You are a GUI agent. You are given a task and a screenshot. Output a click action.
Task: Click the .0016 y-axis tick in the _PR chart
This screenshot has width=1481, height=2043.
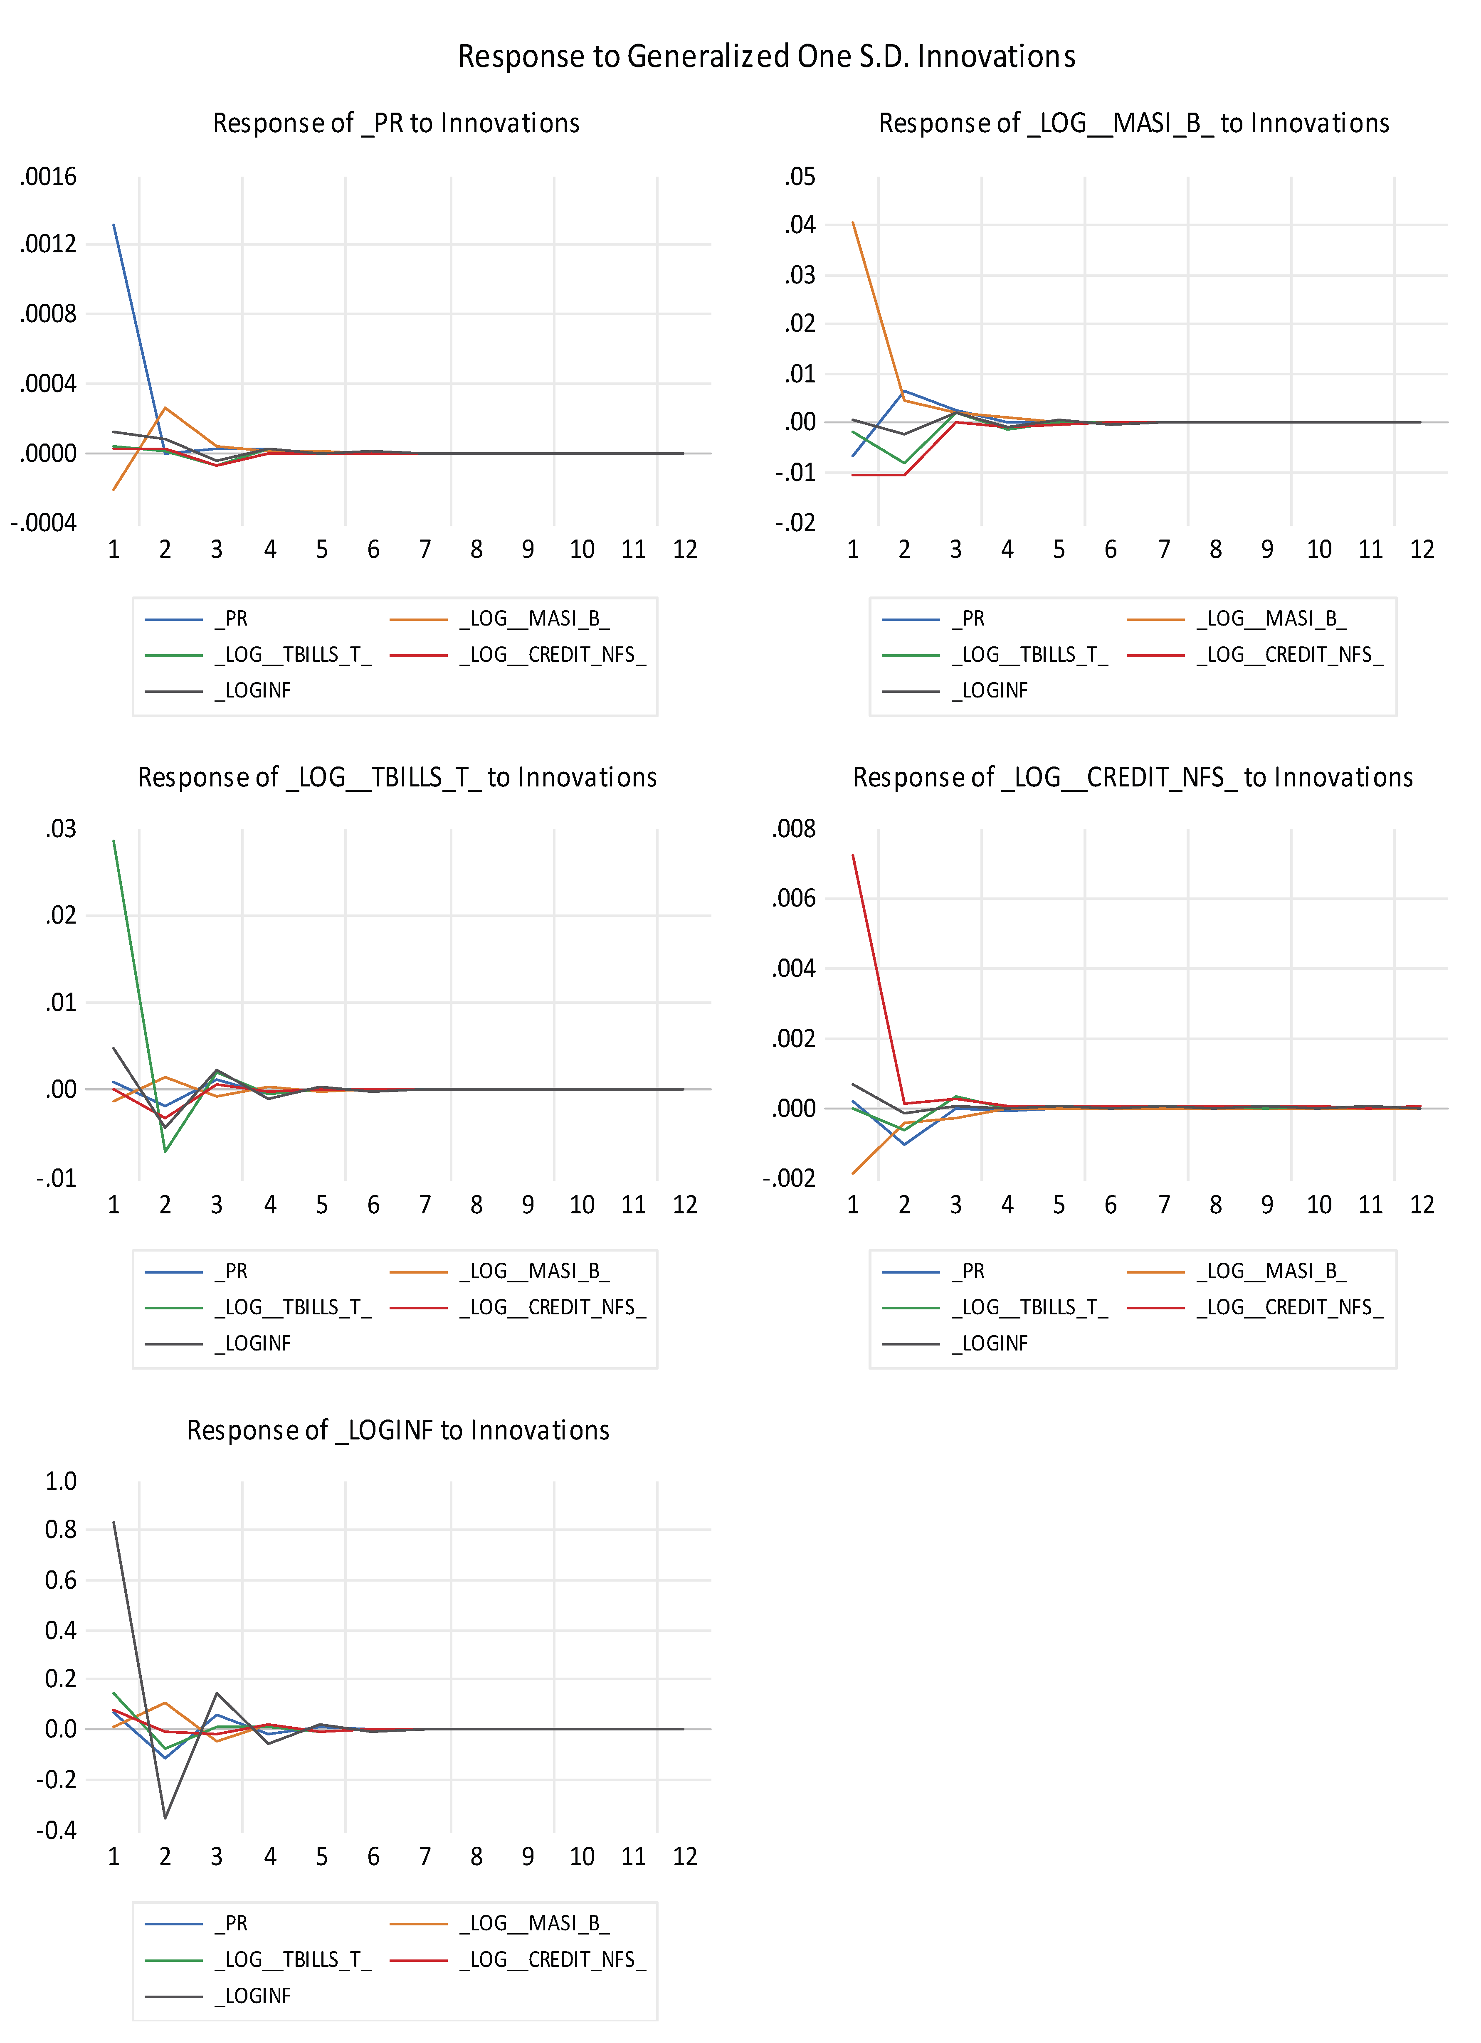[49, 177]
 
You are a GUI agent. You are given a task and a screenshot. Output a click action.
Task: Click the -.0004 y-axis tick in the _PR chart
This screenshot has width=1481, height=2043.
[43, 523]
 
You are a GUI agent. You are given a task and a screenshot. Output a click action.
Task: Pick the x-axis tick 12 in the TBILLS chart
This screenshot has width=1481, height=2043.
[685, 1205]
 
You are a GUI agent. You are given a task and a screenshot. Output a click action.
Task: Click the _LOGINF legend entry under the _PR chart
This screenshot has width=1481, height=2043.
[257, 691]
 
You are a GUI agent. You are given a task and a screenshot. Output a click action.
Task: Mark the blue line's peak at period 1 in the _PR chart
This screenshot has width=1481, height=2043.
[114, 225]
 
